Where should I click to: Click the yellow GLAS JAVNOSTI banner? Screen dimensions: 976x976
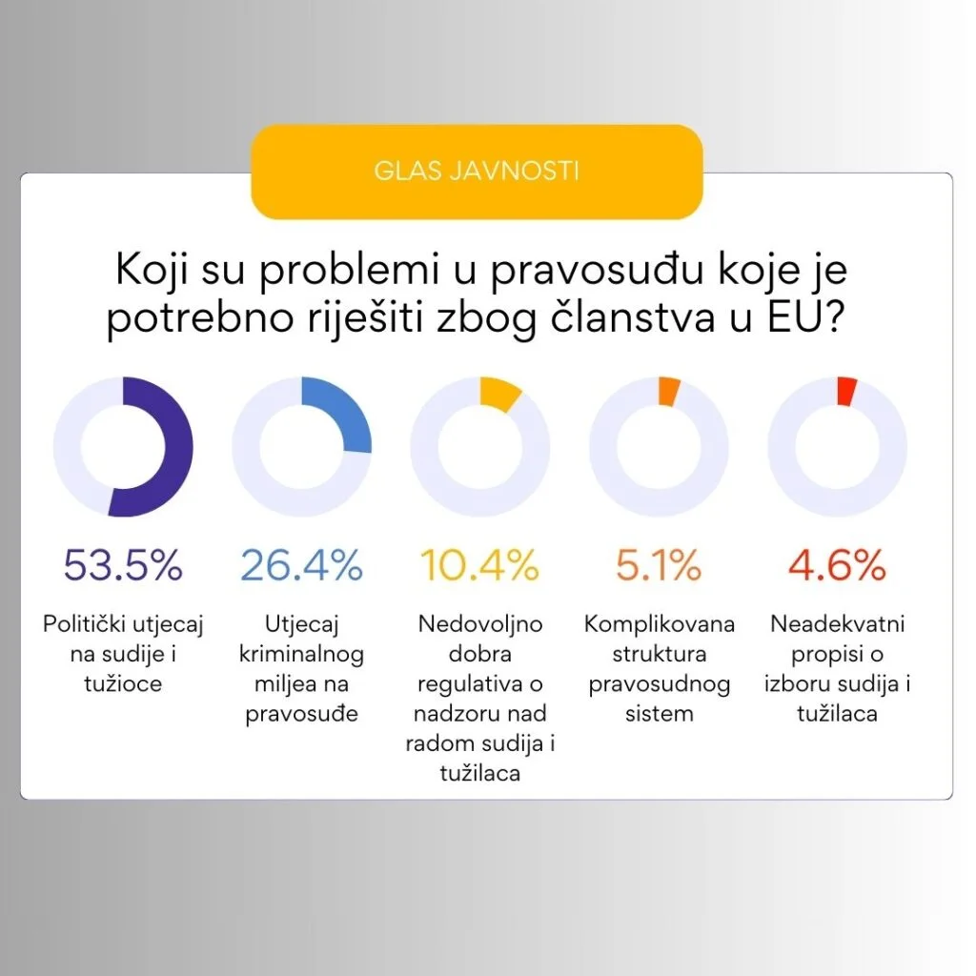[x=477, y=172]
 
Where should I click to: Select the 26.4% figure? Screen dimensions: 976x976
[x=301, y=566]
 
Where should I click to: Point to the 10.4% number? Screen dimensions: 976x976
[x=479, y=566]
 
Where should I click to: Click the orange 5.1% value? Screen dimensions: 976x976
[x=658, y=566]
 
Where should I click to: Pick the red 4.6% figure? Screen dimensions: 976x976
[x=837, y=566]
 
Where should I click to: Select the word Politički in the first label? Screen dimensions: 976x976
[x=86, y=625]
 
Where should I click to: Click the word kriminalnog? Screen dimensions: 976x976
[x=302, y=655]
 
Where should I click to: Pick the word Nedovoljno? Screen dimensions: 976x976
[x=480, y=625]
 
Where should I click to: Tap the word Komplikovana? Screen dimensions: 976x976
[x=659, y=625]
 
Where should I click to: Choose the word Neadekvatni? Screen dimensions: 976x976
[x=837, y=625]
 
